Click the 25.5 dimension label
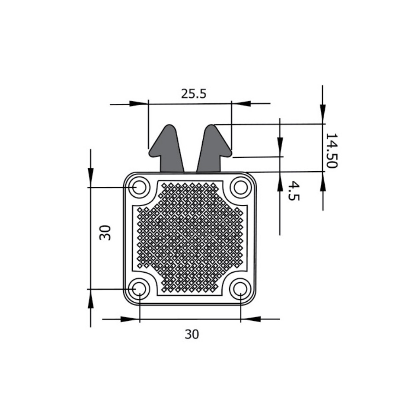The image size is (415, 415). point(194,94)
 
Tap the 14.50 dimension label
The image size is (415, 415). point(332,150)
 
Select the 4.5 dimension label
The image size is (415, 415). point(294,191)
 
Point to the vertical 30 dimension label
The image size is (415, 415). point(105,233)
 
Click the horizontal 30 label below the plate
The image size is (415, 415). point(192,334)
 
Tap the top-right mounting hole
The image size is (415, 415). point(241,187)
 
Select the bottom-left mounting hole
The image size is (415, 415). point(139,288)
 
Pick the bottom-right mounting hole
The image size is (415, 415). point(240,288)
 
